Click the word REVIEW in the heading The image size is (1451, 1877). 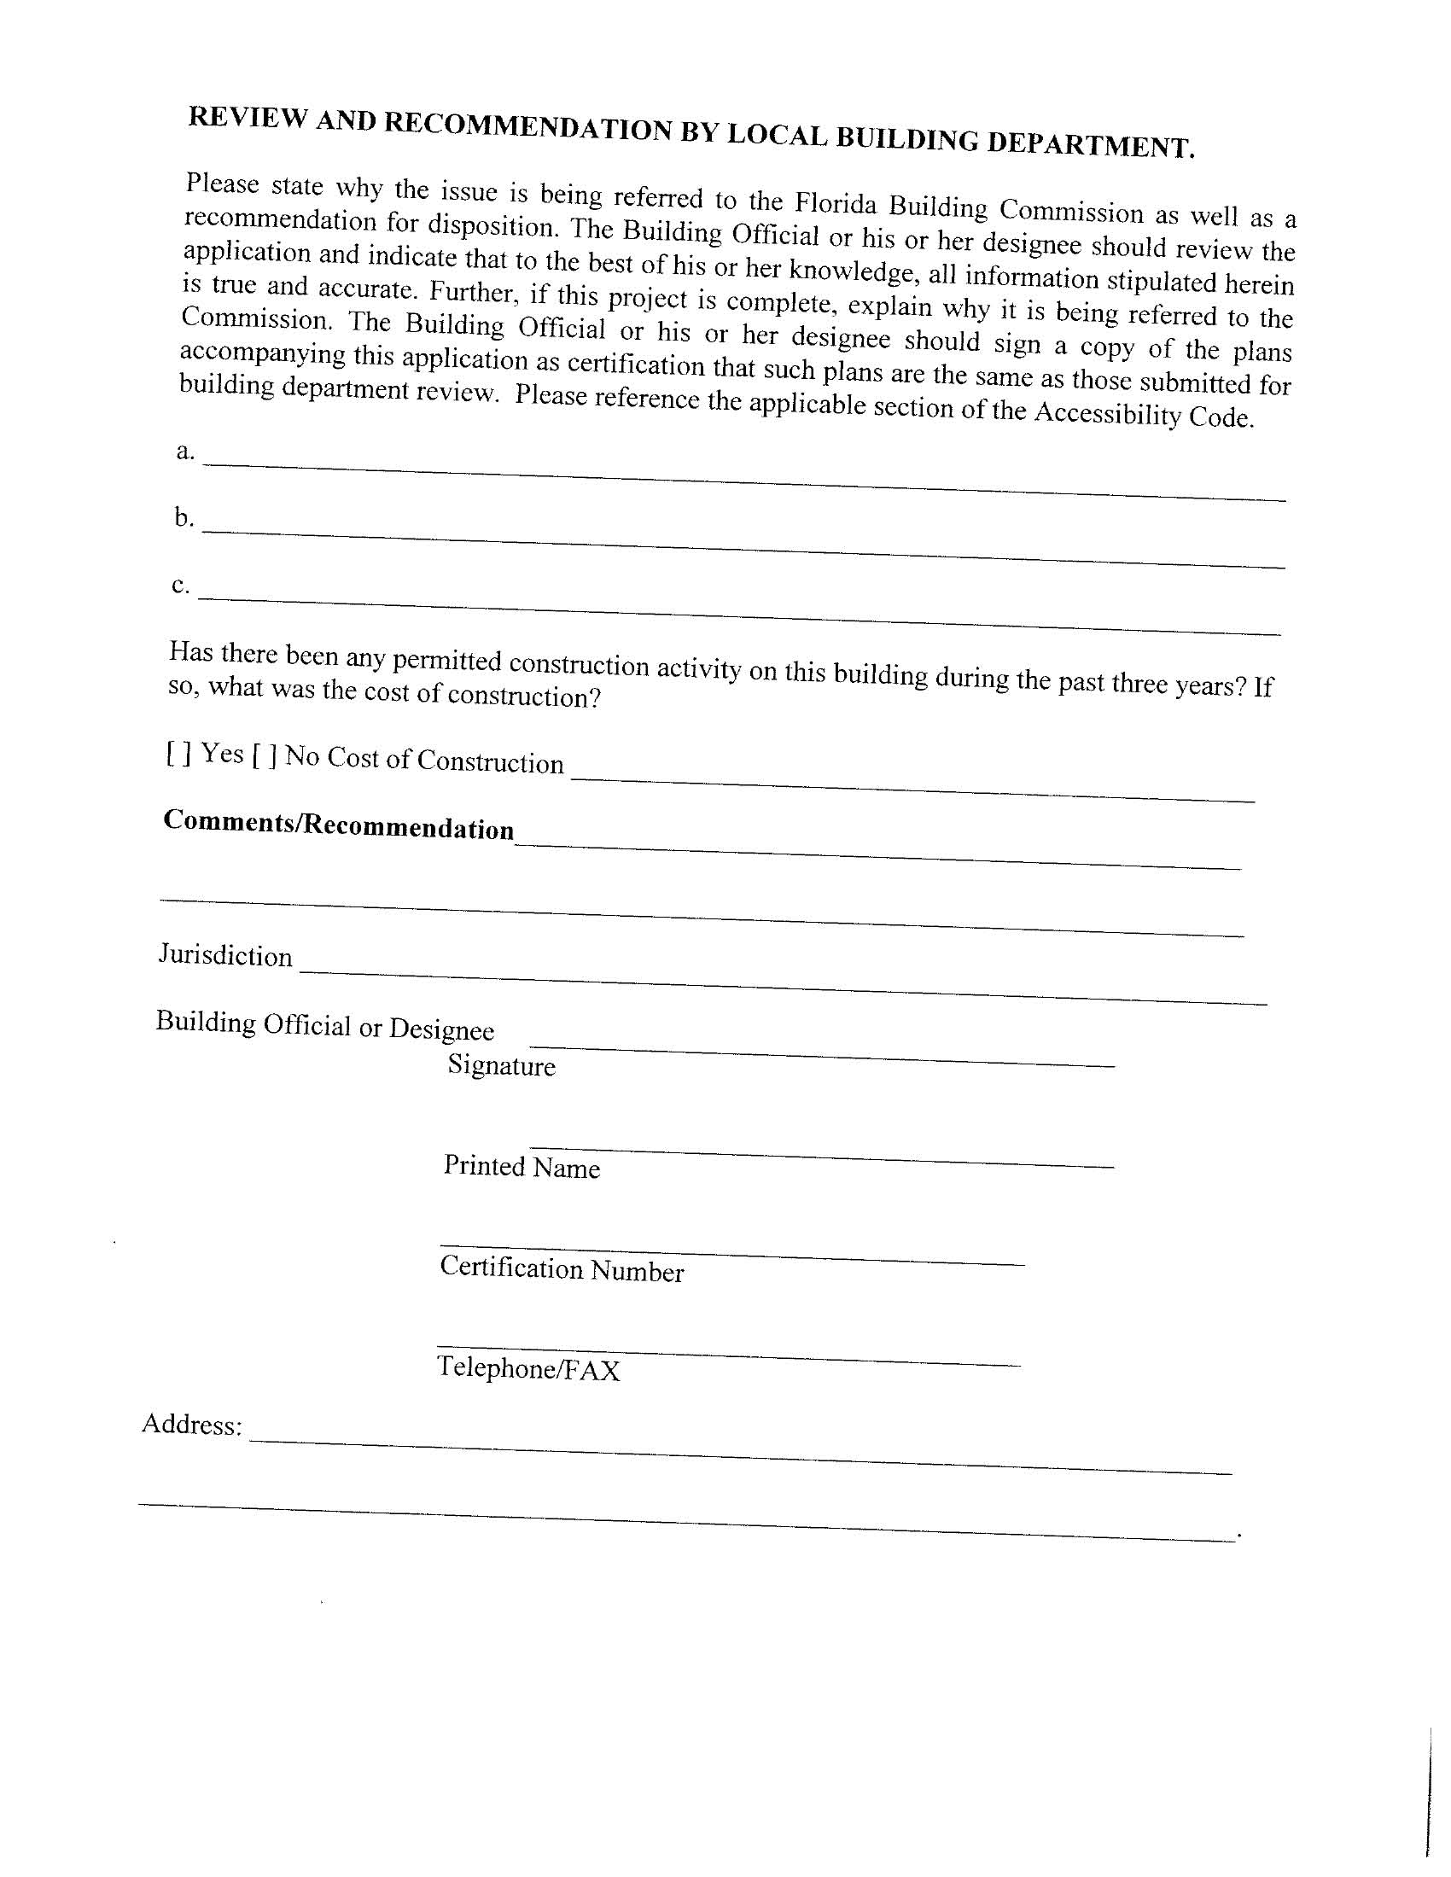point(247,118)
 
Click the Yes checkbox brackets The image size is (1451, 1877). point(178,754)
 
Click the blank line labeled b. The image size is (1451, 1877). point(743,548)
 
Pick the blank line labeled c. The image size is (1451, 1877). point(739,615)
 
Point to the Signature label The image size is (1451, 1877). point(501,1066)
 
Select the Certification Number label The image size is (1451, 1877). point(562,1269)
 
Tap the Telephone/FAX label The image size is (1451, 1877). point(527,1367)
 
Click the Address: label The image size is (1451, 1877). point(192,1424)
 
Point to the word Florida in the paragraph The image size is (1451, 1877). point(835,204)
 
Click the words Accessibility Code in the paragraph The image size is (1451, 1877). point(1142,415)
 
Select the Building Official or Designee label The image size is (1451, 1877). point(325,1025)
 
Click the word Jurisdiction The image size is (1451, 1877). point(225,955)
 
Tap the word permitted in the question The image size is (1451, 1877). point(446,660)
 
